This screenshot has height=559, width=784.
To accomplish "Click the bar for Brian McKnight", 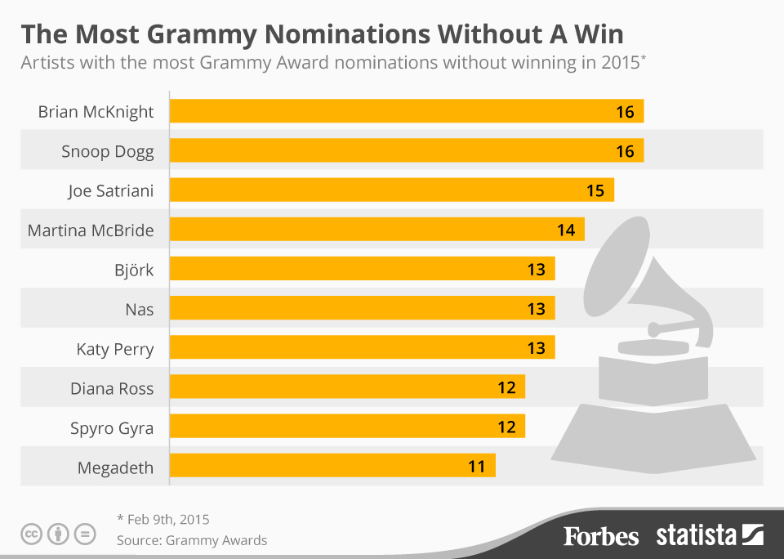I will pyautogui.click(x=406, y=111).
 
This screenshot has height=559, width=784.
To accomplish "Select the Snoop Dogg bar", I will pyautogui.click(x=406, y=151).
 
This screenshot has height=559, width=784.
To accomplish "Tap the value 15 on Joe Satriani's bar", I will pyautogui.click(x=595, y=190).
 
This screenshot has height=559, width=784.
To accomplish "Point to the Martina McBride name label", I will pyautogui.click(x=91, y=230).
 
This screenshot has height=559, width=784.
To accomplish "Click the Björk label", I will pyautogui.click(x=134, y=270).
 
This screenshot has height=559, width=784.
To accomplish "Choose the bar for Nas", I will pyautogui.click(x=362, y=309).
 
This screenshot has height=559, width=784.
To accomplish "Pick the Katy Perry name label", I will pyautogui.click(x=115, y=349).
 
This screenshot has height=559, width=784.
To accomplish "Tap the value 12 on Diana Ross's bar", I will pyautogui.click(x=506, y=387).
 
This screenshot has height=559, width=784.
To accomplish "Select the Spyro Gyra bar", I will pyautogui.click(x=347, y=427).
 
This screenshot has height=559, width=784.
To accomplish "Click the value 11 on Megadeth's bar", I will pyautogui.click(x=477, y=467).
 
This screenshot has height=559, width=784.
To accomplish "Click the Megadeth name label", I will pyautogui.click(x=115, y=467).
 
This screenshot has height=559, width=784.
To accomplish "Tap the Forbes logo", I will pyautogui.click(x=601, y=536).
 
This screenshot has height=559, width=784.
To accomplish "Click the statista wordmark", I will pyautogui.click(x=697, y=536).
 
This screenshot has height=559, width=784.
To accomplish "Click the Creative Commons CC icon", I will pyautogui.click(x=32, y=535).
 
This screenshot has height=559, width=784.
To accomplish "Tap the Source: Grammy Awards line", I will pyautogui.click(x=191, y=540).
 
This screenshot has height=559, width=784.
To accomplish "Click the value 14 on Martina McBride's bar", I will pyautogui.click(x=566, y=230).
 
